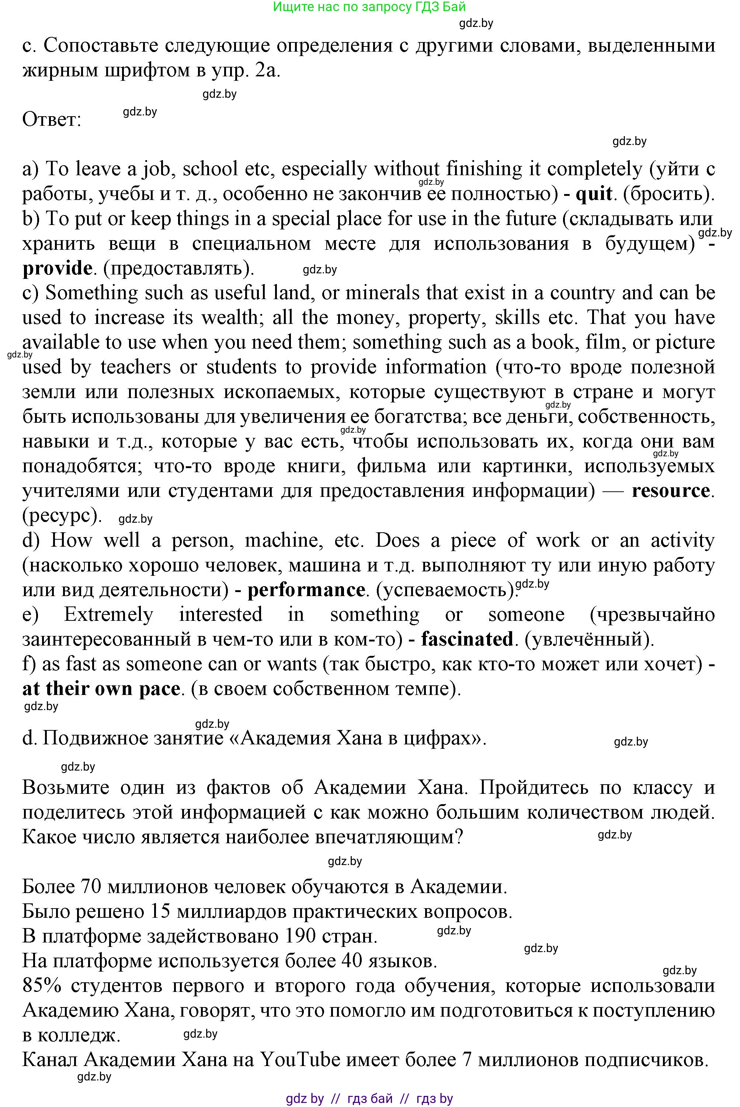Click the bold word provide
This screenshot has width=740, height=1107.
(58, 269)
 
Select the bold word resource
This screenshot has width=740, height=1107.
(671, 491)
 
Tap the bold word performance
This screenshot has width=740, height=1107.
(306, 590)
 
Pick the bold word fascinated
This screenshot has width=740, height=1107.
(467, 640)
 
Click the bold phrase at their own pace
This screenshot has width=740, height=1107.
(101, 689)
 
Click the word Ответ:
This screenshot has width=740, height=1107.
(52, 120)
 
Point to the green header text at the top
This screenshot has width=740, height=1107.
(369, 7)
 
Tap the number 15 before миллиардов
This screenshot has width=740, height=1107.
(159, 911)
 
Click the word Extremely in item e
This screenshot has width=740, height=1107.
(108, 615)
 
